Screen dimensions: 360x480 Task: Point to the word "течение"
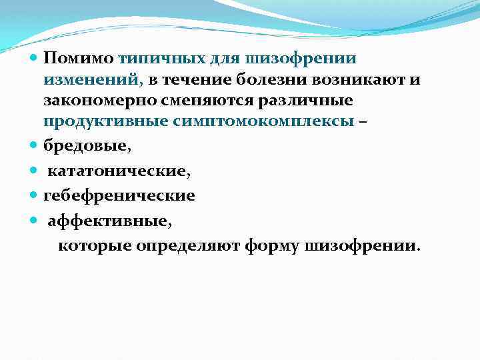pyautogui.click(x=193, y=81)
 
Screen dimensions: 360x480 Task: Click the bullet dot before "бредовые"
pyautogui.click(x=35, y=144)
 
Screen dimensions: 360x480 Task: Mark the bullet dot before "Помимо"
pyautogui.click(x=35, y=60)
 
